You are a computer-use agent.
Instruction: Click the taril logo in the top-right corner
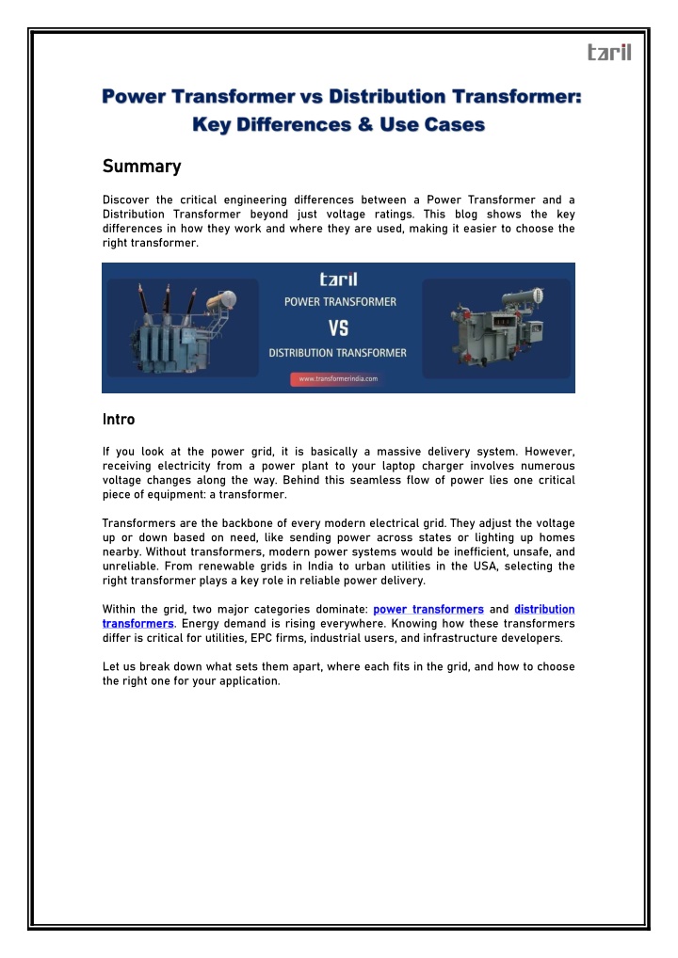click(608, 53)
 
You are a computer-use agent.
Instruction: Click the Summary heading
click(140, 167)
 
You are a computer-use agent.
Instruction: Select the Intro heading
click(118, 419)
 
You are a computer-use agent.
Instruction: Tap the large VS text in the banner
click(338, 327)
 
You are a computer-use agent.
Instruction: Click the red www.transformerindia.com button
click(338, 378)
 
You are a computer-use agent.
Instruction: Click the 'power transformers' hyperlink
click(428, 610)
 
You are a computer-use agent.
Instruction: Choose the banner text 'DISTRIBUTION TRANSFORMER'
click(338, 353)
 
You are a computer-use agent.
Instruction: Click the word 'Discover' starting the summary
click(124, 200)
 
